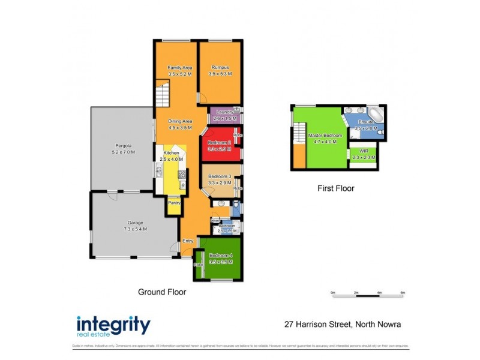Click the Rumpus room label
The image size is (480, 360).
coord(220,67)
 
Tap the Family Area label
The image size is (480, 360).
coord(179,67)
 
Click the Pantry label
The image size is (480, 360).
coord(174,203)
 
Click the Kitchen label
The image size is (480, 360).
coord(172,153)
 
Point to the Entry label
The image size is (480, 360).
coord(188,241)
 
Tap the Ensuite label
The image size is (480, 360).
coord(364,122)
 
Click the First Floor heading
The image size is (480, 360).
coord(335,188)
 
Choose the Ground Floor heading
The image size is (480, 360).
coord(162,292)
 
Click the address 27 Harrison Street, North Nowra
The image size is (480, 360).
coord(342,325)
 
